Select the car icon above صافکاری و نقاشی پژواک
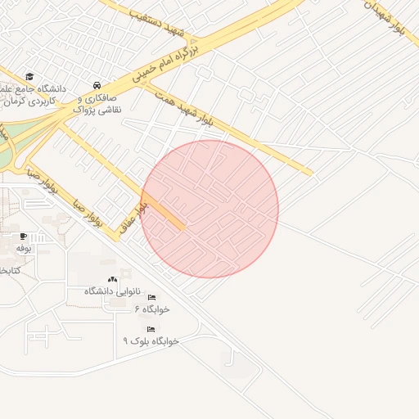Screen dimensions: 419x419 click(x=97, y=85)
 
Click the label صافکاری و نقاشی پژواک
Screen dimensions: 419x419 click(x=97, y=103)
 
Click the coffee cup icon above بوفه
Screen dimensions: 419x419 click(x=23, y=236)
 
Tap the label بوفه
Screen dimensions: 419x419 click(x=23, y=247)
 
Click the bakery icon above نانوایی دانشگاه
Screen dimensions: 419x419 click(x=113, y=280)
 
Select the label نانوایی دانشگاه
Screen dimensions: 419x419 click(x=113, y=291)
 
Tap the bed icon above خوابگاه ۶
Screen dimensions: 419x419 click(x=151, y=297)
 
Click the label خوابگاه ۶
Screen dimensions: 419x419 click(x=151, y=309)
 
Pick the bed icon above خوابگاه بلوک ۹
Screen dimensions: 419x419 click(x=151, y=329)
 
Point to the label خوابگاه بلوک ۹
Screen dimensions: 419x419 click(x=151, y=340)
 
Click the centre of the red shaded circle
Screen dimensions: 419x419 click(x=209, y=209)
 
